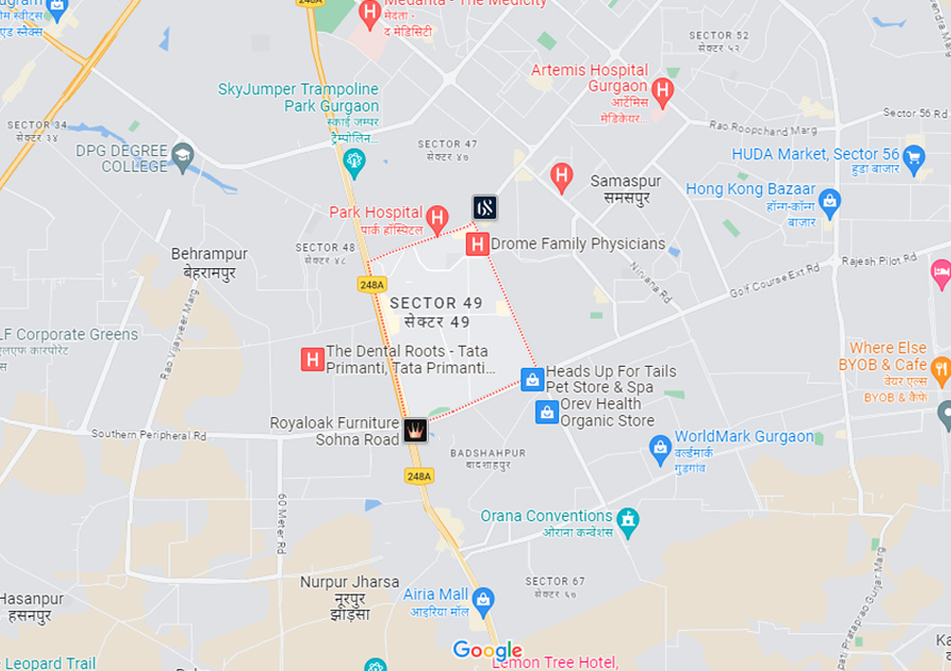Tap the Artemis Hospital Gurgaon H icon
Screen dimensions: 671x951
click(x=663, y=92)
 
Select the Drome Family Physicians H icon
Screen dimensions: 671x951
click(x=477, y=244)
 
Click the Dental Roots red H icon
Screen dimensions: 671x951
click(x=312, y=359)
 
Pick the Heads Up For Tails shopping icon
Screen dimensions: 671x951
click(x=533, y=379)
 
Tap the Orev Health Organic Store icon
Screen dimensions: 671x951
click(x=547, y=412)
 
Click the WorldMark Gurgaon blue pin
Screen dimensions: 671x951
click(x=660, y=447)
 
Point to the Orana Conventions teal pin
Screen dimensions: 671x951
click(x=627, y=520)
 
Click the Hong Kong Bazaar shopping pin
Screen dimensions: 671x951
click(x=830, y=201)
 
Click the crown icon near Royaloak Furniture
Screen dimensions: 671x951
click(x=415, y=431)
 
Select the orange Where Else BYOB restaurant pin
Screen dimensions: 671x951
click(x=941, y=370)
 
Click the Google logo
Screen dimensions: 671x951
click(x=488, y=651)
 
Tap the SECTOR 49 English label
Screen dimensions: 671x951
click(x=437, y=303)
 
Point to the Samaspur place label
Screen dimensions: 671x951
click(x=625, y=180)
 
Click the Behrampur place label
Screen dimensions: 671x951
click(x=209, y=255)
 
